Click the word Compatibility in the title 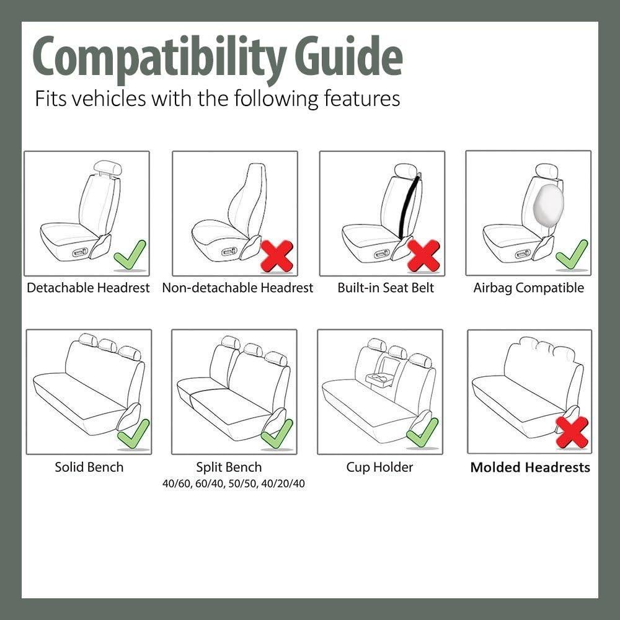coord(158,57)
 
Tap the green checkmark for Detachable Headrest coord(130,255)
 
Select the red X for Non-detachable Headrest coord(277,255)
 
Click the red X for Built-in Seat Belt coord(423,255)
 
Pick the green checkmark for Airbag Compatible coord(572,255)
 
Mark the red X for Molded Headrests coord(572,432)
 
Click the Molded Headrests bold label coord(530,467)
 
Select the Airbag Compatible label coord(528,288)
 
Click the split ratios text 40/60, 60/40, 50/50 coord(233,484)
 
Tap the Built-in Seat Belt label coord(386,288)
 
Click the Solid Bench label coord(89,467)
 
